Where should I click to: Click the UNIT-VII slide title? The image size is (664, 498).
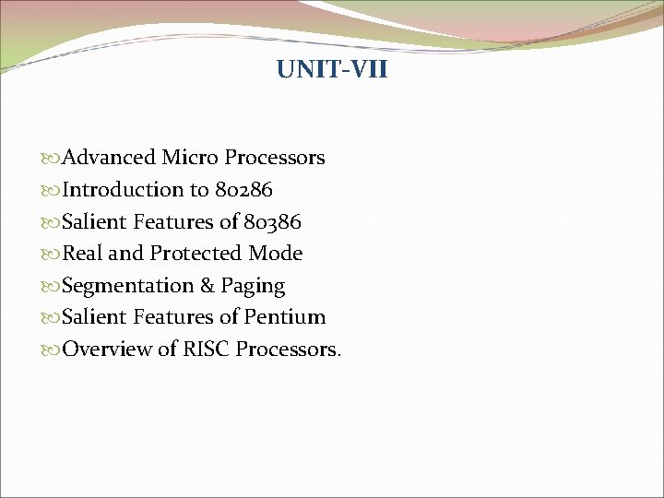332,70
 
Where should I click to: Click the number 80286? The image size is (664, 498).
243,190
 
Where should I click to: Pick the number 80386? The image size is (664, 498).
272,221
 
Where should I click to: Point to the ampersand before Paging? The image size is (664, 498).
207,286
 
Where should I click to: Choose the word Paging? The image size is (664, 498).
253,287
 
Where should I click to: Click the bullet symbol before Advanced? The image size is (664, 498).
52,159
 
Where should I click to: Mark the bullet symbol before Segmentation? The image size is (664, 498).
52,287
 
